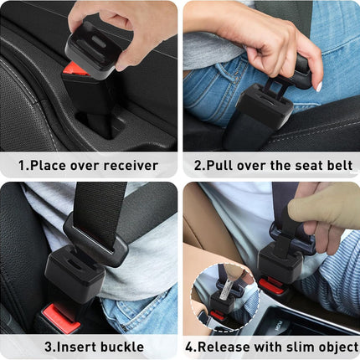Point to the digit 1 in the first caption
(x=23, y=165)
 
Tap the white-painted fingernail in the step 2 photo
(x=318, y=85)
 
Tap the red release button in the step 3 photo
(x=61, y=316)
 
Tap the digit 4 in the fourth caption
(x=188, y=346)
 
